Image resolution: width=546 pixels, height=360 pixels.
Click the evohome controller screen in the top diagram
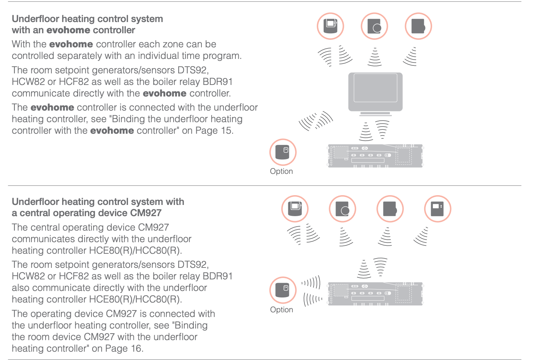tap(375, 88)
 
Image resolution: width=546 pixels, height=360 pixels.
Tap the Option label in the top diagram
tap(281, 171)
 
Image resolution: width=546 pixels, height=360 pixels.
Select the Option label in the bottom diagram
tap(281, 310)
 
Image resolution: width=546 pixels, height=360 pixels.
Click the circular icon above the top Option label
tap(283, 152)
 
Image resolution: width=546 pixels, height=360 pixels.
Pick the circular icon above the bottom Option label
tap(283, 290)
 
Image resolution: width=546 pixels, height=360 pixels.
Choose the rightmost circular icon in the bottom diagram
tap(437, 209)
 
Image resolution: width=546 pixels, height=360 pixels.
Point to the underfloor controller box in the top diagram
tap(375, 156)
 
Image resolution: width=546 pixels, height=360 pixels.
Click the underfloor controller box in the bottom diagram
tap(375, 294)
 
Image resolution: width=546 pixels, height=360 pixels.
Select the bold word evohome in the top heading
tap(68, 30)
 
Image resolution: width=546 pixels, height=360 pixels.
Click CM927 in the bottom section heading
tap(146, 213)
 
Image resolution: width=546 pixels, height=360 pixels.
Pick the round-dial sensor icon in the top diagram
tap(374, 26)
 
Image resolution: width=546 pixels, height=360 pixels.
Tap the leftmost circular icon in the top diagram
tap(330, 26)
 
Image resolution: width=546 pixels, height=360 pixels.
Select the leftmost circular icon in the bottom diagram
tap(295, 209)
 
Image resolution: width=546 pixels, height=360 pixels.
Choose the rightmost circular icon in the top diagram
tap(418, 26)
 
